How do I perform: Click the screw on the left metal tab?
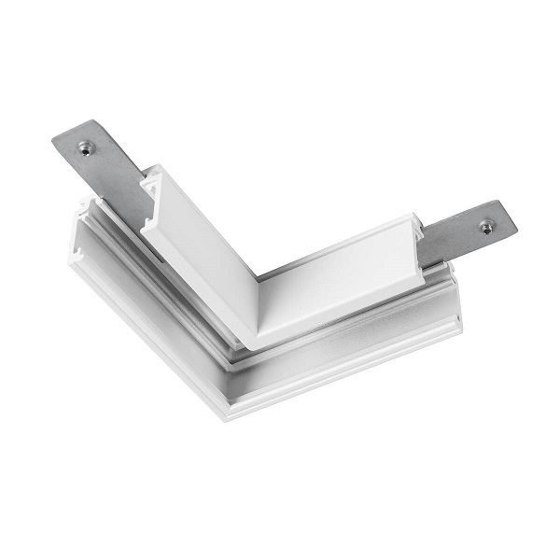[85, 147]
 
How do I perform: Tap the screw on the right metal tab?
[486, 225]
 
